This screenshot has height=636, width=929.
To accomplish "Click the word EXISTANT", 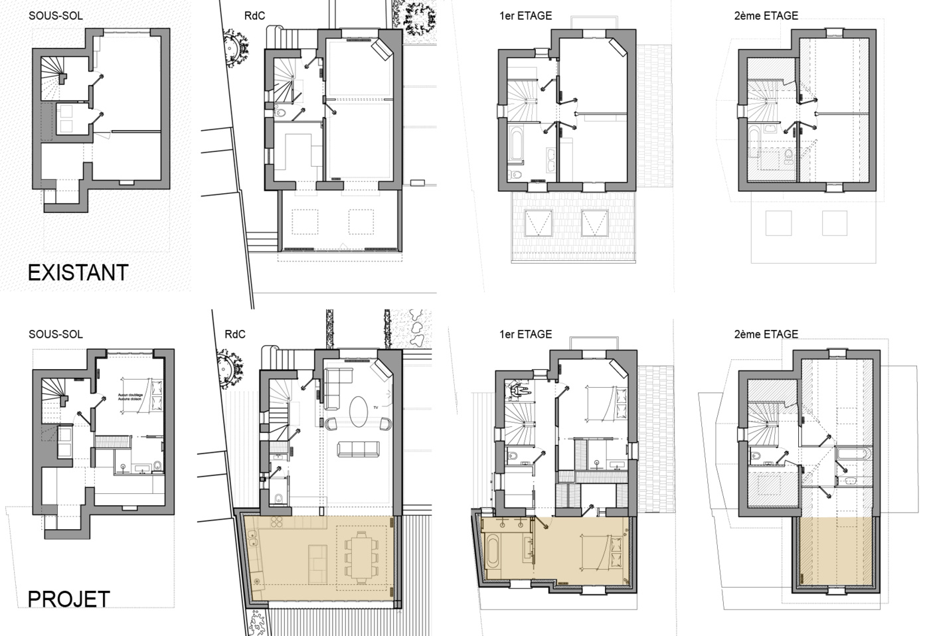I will (x=78, y=273).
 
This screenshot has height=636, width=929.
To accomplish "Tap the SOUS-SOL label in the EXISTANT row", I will (x=56, y=15).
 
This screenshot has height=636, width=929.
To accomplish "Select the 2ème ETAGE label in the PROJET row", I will (x=766, y=334).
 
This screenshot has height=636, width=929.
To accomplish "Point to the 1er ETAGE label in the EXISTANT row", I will (x=525, y=15).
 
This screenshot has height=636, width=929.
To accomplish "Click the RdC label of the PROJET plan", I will (x=234, y=334).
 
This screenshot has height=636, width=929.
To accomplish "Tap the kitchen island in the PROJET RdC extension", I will (x=318, y=560).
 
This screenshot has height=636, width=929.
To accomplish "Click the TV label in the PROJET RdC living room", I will (x=375, y=406).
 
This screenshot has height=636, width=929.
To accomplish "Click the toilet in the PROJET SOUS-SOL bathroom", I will (x=157, y=466).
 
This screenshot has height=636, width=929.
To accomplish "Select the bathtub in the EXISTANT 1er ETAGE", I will (x=516, y=147).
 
